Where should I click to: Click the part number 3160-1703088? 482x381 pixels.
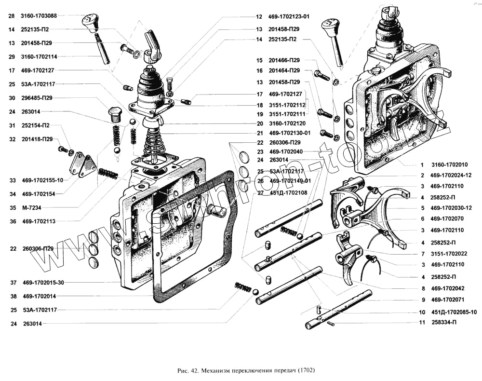[x=39, y=16]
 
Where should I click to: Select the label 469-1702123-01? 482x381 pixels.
[x=289, y=16]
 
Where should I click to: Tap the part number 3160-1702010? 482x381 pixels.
[x=449, y=165]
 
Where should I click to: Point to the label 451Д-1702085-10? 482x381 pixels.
[x=454, y=312]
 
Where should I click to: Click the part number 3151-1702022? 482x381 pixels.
[x=449, y=254]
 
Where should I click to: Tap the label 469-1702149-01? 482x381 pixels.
[x=290, y=181]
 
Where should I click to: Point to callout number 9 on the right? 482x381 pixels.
[x=422, y=299]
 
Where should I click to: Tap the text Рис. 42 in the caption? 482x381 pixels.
[x=188, y=371]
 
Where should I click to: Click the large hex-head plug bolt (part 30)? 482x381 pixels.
[x=114, y=113]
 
